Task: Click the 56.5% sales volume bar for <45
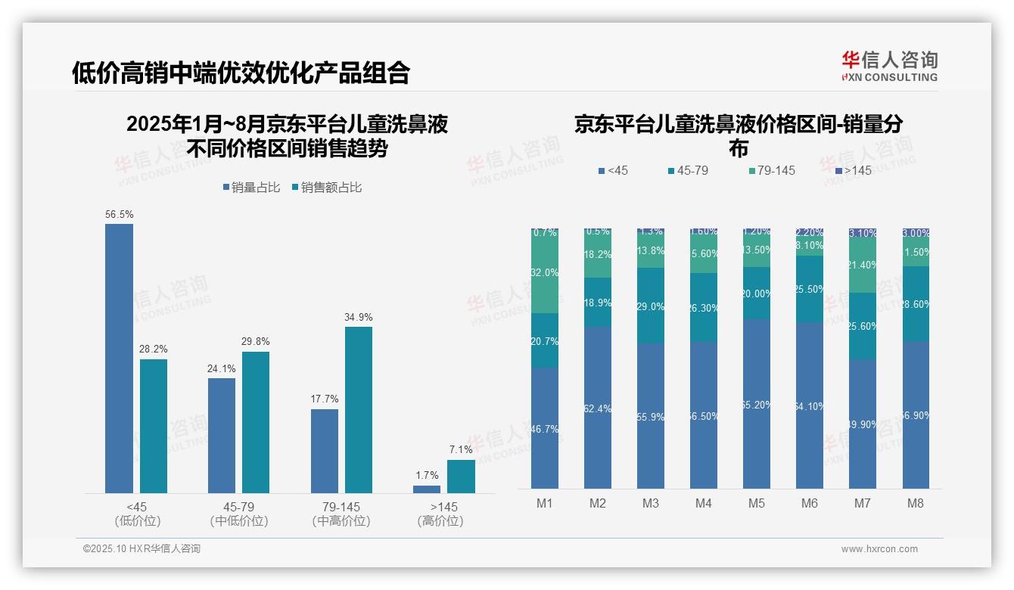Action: pos(119,359)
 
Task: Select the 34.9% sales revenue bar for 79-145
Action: pos(359,409)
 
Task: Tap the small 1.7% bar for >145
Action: pos(427,489)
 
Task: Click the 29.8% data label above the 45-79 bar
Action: pos(256,342)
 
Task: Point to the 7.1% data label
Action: pos(461,449)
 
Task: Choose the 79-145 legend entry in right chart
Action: pos(771,171)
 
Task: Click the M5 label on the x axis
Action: pos(757,504)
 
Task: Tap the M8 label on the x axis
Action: pos(915,504)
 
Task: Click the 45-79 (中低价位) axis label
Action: pos(238,514)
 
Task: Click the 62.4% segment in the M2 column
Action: pos(598,408)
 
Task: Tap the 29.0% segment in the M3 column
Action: pos(651,306)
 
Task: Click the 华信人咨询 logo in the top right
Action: pos(889,66)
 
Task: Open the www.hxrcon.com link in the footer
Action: pos(879,549)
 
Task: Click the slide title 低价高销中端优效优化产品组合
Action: pos(241,73)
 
